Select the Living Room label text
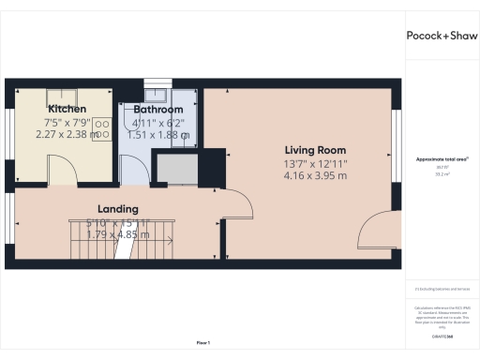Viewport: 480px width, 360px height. coord(316,150)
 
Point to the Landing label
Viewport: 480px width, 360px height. coord(118,208)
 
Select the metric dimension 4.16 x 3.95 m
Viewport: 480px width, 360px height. coord(316,175)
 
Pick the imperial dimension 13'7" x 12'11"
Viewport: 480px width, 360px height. coord(316,163)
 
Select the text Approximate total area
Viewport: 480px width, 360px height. coord(440,159)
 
